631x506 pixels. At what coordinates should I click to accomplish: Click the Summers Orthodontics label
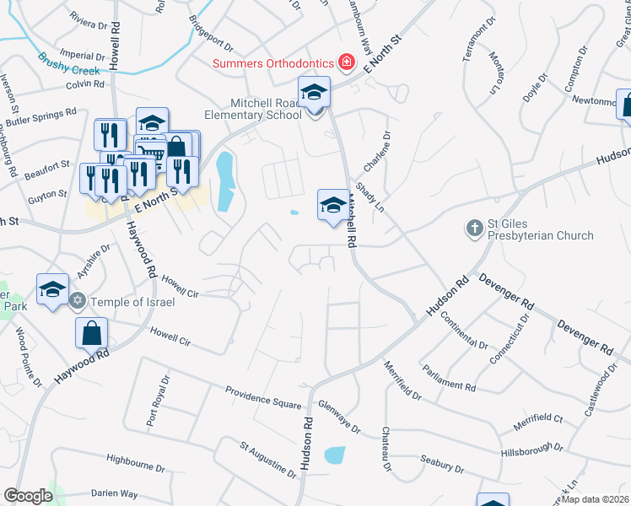coord(273,63)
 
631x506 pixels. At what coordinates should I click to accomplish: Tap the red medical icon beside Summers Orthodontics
coord(345,62)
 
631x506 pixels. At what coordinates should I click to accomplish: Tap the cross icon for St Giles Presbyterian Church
coord(474,229)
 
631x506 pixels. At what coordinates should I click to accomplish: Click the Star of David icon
coord(78,301)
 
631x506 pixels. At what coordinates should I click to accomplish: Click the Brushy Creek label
coord(69,64)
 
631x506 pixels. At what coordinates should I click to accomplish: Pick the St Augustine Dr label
coord(268,460)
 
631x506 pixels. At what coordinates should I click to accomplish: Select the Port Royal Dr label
coord(151,410)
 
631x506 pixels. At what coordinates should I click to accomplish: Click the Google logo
coord(28,496)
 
